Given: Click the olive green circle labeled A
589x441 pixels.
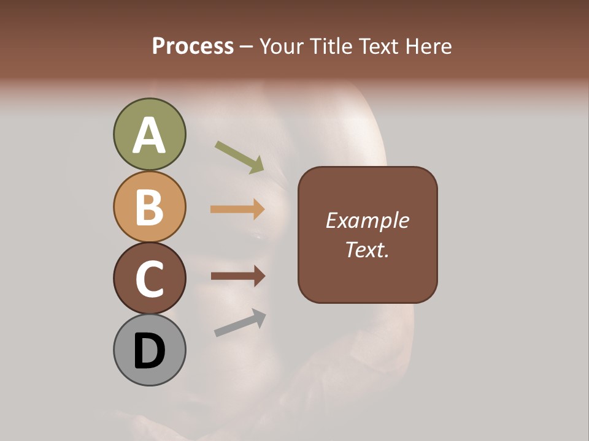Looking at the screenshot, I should click(x=149, y=134).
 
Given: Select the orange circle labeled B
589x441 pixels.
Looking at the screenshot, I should click(x=149, y=206).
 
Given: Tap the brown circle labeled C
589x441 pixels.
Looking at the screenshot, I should click(x=149, y=278).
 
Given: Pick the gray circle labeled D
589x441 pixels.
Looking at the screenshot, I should click(x=149, y=350).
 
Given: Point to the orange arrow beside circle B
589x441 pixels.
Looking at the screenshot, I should click(x=237, y=209).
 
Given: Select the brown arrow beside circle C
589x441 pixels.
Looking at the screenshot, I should click(x=237, y=276).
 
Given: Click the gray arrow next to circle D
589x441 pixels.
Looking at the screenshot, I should click(x=240, y=322).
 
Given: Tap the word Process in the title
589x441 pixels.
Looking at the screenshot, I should click(x=193, y=46).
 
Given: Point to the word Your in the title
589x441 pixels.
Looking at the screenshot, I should click(x=282, y=46).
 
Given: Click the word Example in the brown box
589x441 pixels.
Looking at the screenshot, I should click(x=367, y=221).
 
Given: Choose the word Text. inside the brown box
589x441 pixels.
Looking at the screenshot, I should click(x=367, y=249).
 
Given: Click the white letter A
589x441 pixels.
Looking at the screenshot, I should click(x=149, y=135).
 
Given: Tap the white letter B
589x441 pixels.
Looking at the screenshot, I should click(x=149, y=207).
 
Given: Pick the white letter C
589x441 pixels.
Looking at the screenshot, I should click(x=149, y=279).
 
